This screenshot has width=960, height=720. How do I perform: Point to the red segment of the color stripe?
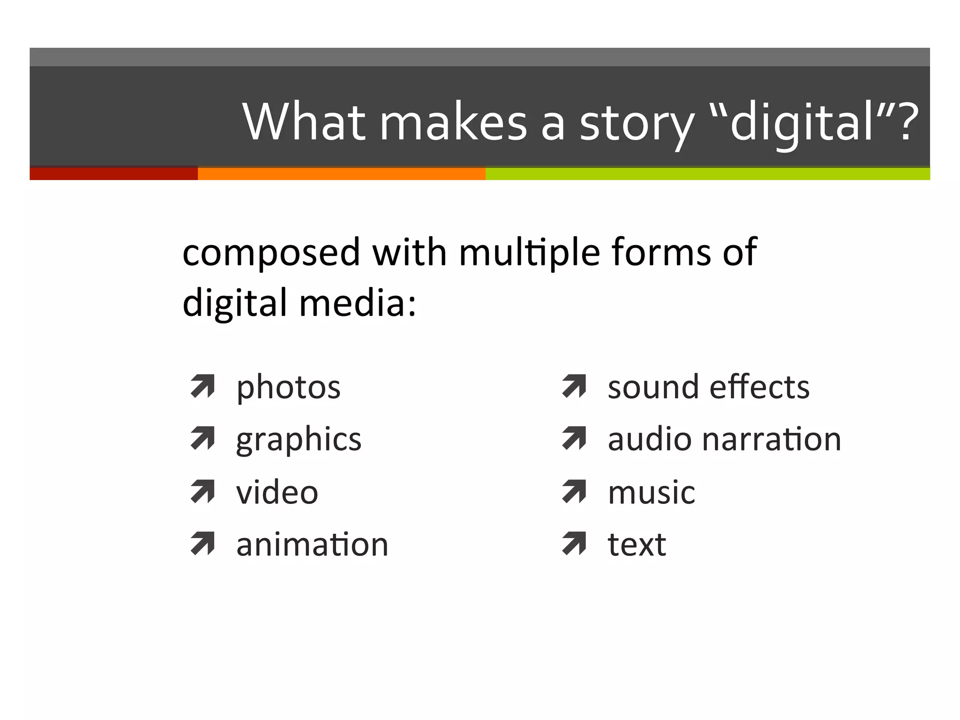(x=113, y=173)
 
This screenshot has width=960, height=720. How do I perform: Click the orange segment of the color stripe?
(x=341, y=173)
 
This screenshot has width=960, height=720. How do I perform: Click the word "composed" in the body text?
(x=271, y=253)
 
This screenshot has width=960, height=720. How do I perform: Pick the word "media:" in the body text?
(x=357, y=303)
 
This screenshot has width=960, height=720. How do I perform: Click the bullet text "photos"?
(x=288, y=388)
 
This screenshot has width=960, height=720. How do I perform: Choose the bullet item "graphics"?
(x=299, y=441)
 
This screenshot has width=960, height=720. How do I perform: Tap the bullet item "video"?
(x=277, y=493)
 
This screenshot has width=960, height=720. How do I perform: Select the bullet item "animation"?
(x=312, y=545)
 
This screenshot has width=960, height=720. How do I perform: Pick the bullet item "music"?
(x=651, y=493)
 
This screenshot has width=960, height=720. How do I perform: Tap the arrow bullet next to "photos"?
(x=202, y=387)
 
